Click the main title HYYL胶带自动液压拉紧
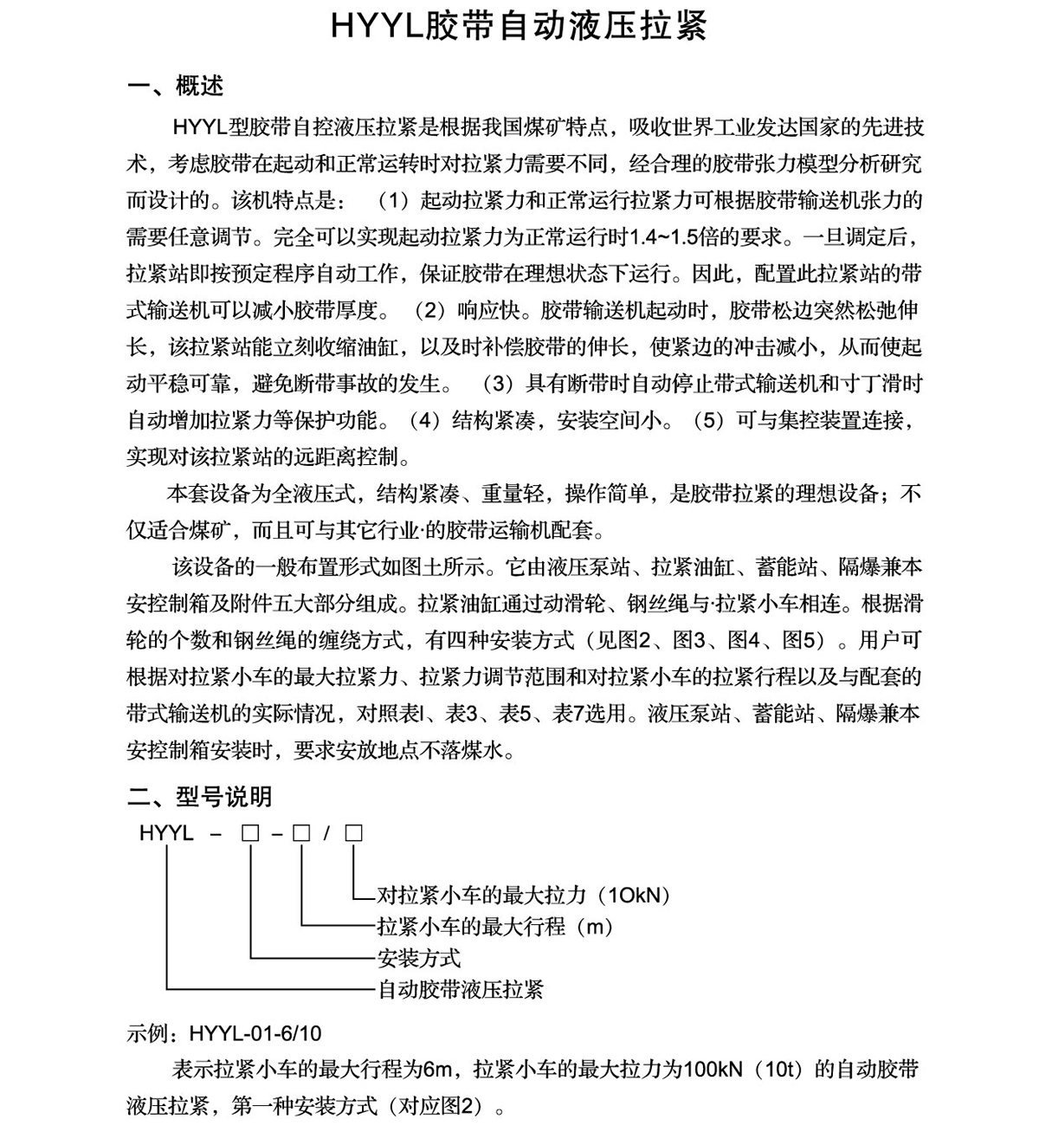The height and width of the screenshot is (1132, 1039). tap(519, 27)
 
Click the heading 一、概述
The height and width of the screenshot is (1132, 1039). tap(175, 86)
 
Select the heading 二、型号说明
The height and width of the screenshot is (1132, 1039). tap(199, 797)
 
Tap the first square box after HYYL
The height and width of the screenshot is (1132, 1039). tap(250, 834)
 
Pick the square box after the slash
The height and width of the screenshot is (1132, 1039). tap(353, 834)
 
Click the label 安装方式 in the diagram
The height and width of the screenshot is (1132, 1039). tap(419, 958)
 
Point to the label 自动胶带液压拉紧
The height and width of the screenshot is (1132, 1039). tap(460, 989)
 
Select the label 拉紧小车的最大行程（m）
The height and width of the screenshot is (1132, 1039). tap(495, 927)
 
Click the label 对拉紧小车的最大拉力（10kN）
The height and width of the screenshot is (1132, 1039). tap(525, 896)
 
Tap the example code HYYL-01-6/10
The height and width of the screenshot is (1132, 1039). tap(255, 1033)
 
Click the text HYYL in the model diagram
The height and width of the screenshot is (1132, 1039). tap(166, 834)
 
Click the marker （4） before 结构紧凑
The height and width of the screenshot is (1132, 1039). tap(424, 420)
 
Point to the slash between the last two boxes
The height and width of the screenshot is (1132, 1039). tap(326, 834)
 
